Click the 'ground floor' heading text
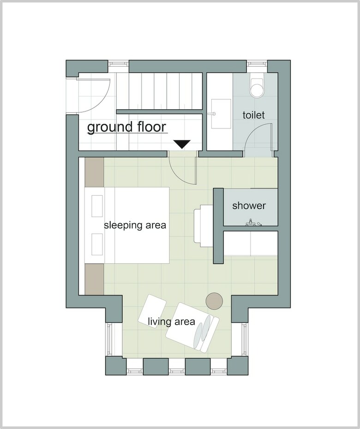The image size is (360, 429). pyautogui.click(x=126, y=127)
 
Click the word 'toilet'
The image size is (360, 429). pyautogui.click(x=254, y=115)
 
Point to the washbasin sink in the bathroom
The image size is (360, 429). pyautogui.click(x=221, y=114)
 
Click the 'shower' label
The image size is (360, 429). pyautogui.click(x=249, y=205)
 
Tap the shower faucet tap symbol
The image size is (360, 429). pyautogui.click(x=253, y=223)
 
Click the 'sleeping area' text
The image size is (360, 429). pyautogui.click(x=135, y=225)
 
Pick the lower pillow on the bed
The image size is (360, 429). pyautogui.click(x=97, y=244)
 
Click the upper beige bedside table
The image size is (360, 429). pyautogui.click(x=95, y=172)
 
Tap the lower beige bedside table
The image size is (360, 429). pyautogui.click(x=95, y=279)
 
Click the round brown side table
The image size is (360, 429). pyautogui.click(x=214, y=301)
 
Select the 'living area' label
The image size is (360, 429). pyautogui.click(x=171, y=321)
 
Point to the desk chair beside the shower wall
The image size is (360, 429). pyautogui.click(x=202, y=226)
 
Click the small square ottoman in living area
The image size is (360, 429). pyautogui.click(x=152, y=309)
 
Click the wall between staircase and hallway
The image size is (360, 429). pyautogui.click(x=159, y=112)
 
